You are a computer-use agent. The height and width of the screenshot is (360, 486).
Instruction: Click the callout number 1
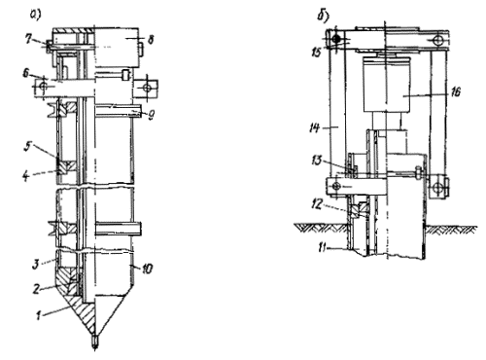39,315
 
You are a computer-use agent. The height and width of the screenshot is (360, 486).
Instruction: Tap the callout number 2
37,288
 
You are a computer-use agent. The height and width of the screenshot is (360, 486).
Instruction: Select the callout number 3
35,264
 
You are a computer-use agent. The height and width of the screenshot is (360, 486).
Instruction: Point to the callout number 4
27,176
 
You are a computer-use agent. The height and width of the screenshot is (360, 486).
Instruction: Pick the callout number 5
27,147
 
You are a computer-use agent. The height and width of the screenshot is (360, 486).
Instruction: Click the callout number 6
26,74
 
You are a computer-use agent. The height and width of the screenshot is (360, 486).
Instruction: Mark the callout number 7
29,39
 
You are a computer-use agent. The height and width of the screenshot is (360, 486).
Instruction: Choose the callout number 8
151,40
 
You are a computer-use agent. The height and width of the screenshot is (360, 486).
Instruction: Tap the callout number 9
151,115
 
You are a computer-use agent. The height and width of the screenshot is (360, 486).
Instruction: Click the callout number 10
147,269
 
